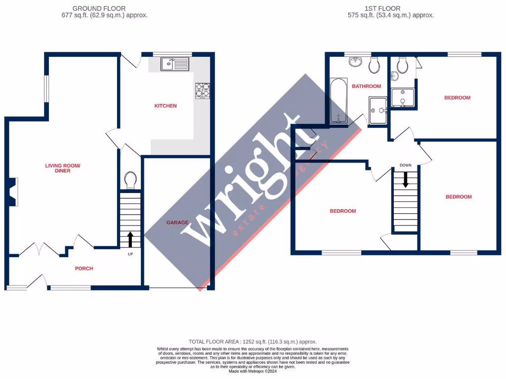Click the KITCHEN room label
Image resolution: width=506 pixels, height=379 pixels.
tap(166, 106)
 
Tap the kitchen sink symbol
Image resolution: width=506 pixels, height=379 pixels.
tap(174, 64)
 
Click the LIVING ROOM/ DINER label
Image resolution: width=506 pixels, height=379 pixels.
tap(63, 168)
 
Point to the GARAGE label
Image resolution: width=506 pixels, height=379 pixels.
tap(177, 223)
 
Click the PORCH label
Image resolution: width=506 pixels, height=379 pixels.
tap(84, 268)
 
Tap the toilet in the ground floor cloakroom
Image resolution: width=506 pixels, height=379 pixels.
tap(130, 180)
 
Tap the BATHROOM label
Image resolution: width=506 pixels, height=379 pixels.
tap(366, 86)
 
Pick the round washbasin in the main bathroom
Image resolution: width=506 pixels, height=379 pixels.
tap(355, 62)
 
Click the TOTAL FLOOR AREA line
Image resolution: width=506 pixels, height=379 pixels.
tap(253, 341)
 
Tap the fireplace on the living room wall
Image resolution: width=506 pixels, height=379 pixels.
tap(14, 192)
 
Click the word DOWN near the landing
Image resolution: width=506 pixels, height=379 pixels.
tap(406, 165)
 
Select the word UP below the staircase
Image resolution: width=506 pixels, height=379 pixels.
tap(130, 254)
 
